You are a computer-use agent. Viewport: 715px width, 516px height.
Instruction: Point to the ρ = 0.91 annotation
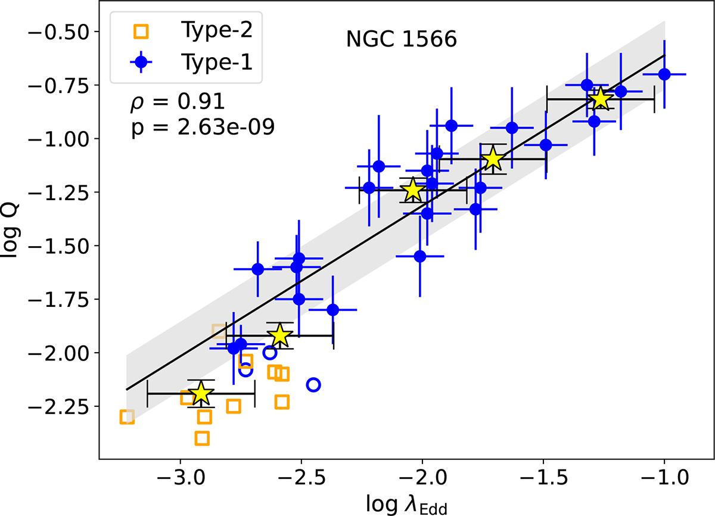(x=177, y=102)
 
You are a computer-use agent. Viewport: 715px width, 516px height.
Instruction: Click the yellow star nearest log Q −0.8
(x=601, y=99)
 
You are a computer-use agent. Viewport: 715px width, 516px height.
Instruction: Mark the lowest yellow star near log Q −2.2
(x=201, y=393)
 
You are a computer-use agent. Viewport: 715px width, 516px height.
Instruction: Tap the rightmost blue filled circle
(x=664, y=74)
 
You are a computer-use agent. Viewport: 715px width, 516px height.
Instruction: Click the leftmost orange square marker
(x=127, y=417)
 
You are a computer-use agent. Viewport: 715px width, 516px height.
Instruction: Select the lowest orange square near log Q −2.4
(x=202, y=439)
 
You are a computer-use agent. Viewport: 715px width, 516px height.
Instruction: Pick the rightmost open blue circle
(x=313, y=385)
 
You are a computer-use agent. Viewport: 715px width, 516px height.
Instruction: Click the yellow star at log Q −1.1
(x=492, y=159)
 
